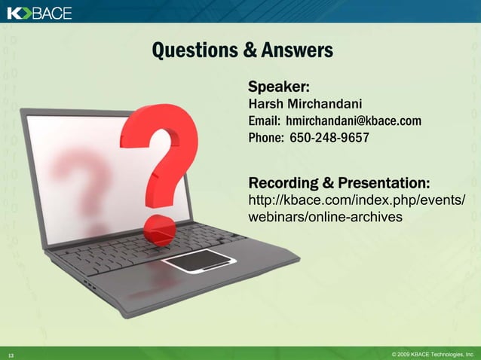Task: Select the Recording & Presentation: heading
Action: coord(339,183)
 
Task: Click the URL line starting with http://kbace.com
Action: coord(356,200)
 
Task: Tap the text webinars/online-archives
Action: coord(325,217)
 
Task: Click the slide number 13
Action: coord(11,354)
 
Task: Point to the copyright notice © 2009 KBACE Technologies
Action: coord(432,353)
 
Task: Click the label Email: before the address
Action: coord(264,121)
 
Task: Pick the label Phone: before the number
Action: coord(266,139)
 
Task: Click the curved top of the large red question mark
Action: coord(161,124)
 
